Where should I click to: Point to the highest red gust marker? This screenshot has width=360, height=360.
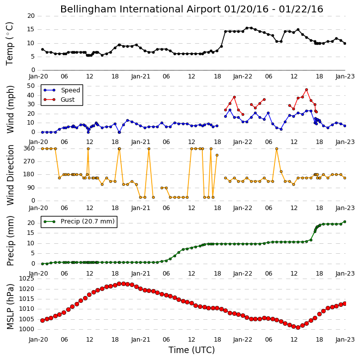tap(306, 90)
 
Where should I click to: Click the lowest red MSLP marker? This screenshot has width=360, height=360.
tap(298, 327)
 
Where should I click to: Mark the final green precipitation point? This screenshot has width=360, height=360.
tap(345, 222)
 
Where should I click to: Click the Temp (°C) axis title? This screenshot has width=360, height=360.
tap(9, 43)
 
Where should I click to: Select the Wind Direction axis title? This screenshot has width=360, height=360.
tap(10, 175)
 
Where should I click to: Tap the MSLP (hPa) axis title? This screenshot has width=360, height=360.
tap(10, 306)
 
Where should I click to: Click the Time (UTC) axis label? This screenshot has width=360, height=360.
tap(191, 350)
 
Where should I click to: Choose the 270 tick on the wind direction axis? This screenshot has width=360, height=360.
tap(29, 161)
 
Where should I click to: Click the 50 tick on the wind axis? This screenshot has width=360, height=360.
tap(31, 86)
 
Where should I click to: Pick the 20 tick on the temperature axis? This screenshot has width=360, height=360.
tap(31, 16)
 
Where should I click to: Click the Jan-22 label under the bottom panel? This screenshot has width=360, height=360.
tap(243, 339)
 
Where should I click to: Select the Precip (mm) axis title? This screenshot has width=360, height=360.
tap(10, 241)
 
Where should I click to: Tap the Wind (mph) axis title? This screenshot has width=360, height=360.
tap(10, 109)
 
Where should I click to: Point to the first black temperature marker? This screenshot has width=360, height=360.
tap(43, 49)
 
